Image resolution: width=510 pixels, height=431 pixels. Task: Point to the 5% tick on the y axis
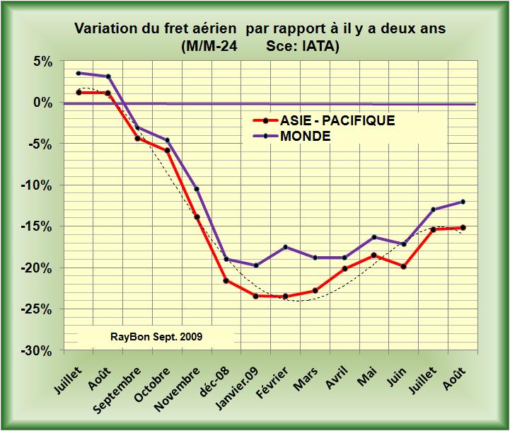[43, 62]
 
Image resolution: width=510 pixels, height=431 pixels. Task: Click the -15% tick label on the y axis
[39, 227]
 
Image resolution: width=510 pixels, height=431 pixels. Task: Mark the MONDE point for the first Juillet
[79, 73]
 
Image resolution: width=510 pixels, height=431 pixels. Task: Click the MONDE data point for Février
[285, 247]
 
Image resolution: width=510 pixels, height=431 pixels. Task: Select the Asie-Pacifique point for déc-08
[226, 281]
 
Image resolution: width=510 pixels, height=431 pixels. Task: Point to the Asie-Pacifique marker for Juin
[404, 267]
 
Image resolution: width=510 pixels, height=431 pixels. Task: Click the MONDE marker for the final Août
[463, 202]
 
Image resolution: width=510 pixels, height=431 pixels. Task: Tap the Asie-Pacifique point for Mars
[315, 291]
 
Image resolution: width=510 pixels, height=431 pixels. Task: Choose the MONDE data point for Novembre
[196, 189]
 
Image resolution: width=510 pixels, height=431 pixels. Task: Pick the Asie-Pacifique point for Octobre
[167, 150]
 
